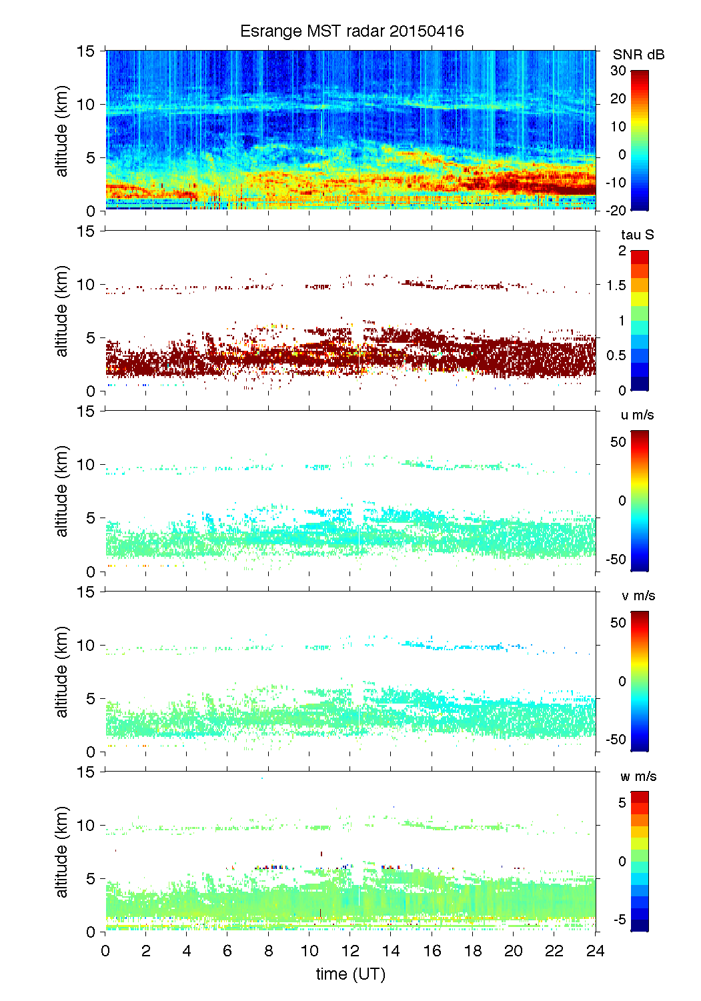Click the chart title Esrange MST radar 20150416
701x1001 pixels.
click(x=352, y=31)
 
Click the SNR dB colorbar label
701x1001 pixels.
click(x=638, y=55)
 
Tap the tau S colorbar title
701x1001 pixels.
click(x=637, y=235)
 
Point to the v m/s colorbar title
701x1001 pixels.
click(x=638, y=596)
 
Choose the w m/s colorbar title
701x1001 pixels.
click(x=638, y=776)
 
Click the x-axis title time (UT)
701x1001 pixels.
click(x=350, y=974)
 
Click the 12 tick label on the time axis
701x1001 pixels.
click(x=350, y=951)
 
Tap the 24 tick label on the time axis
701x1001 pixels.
click(x=595, y=951)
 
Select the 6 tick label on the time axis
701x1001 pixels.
click(x=227, y=951)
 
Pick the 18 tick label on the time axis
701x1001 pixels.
click(x=473, y=951)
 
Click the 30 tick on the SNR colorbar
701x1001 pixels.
click(x=618, y=71)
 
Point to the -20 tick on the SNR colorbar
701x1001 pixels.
click(x=616, y=210)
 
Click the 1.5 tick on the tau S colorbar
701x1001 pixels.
click(x=616, y=285)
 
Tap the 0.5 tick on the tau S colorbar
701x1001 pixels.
click(x=616, y=355)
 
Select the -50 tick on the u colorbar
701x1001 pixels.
click(x=616, y=559)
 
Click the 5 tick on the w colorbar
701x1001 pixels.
click(x=622, y=802)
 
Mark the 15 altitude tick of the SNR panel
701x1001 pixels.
click(x=87, y=51)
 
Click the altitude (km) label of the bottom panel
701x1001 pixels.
click(x=62, y=852)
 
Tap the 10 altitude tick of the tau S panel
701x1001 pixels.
click(x=87, y=285)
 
